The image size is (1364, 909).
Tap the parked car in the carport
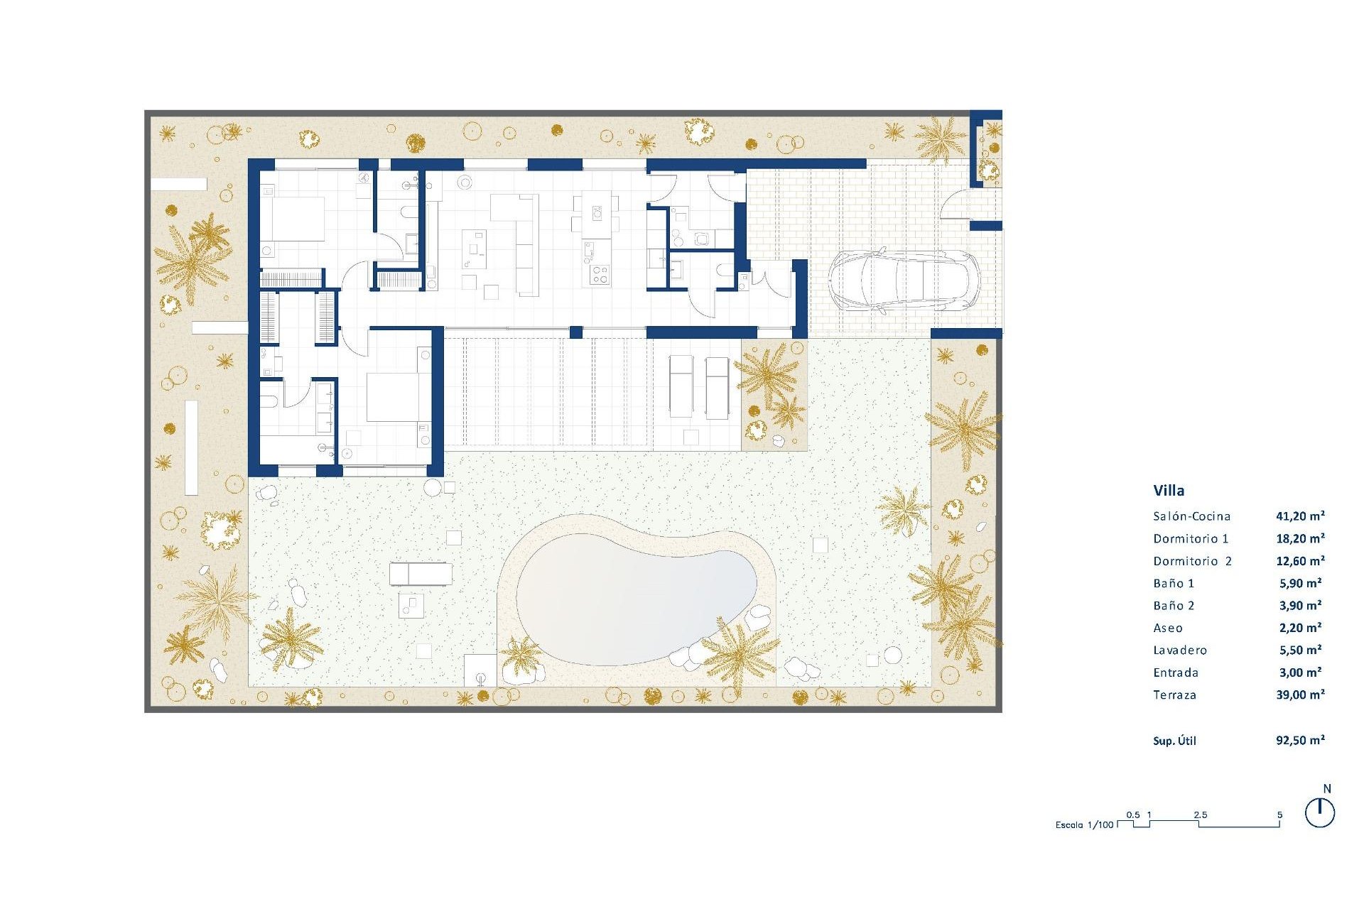click(x=904, y=281)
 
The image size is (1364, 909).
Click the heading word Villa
click(x=1169, y=490)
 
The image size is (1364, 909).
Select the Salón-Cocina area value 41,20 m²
click(x=1300, y=516)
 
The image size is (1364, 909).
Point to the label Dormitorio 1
click(x=1191, y=538)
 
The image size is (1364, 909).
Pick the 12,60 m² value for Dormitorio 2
click(x=1300, y=561)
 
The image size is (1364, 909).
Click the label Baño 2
click(x=1174, y=606)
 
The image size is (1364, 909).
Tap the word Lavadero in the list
click(x=1180, y=650)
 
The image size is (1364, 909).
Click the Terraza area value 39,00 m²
click(x=1300, y=695)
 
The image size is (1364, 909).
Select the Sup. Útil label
click(x=1174, y=741)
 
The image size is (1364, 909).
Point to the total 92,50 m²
click(x=1300, y=740)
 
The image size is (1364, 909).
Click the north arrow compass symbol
click(x=1320, y=813)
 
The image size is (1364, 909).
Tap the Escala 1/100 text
click(x=1084, y=824)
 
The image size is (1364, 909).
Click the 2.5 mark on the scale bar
click(x=1200, y=815)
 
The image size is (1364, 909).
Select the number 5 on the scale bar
click(x=1279, y=815)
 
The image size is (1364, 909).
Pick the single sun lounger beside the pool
click(x=421, y=573)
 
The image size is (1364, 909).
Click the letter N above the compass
click(x=1327, y=788)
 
